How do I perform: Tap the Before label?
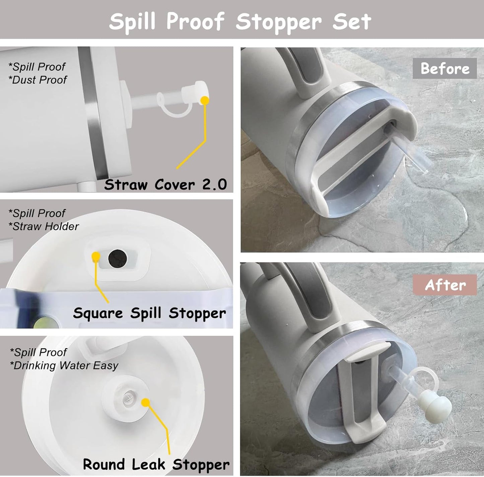pos(444,69)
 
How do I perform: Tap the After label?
pos(445,285)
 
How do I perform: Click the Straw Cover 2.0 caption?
pos(165,184)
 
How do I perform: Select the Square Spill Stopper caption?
pos(149,313)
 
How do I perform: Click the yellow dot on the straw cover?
pos(205,100)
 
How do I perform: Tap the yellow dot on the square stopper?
pos(96,256)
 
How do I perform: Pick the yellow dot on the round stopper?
pos(145,402)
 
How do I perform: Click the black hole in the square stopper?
pos(118,258)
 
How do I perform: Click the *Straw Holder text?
pos(44,226)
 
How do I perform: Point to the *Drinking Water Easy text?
pos(64,365)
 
